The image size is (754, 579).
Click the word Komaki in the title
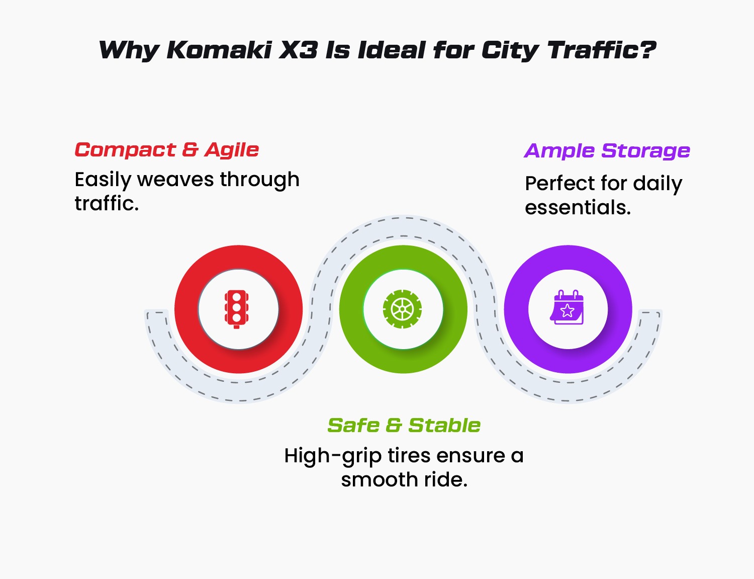coord(219,50)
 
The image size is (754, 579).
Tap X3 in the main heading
coord(299,50)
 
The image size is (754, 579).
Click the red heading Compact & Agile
coord(167,150)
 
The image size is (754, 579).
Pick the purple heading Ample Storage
coord(607,151)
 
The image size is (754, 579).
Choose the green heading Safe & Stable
coord(404,426)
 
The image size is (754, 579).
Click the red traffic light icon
coord(236,309)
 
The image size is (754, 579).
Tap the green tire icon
coord(403,309)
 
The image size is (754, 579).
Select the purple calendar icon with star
coord(567,307)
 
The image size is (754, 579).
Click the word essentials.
coord(578,208)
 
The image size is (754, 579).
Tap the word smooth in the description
coord(380,480)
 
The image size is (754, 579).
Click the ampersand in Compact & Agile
coord(190,150)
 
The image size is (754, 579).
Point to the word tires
coord(409,455)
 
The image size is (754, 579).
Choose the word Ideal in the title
coord(392,50)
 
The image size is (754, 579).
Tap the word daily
coord(657,184)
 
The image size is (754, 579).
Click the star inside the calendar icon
coord(568,310)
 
